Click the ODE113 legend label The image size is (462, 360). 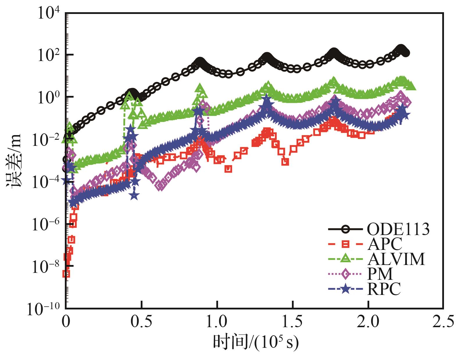tap(398, 230)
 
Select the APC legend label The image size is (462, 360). tap(384, 244)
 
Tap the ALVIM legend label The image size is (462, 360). tap(396, 259)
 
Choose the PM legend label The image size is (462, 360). tap(380, 274)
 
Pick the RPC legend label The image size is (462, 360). tap(384, 289)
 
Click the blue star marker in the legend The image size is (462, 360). tap(345, 289)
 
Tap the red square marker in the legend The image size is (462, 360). tap(345, 244)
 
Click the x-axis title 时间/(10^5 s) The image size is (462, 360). tap(256, 343)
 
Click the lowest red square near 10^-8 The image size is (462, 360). tap(66, 274)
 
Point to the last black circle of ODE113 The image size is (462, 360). tap(406, 53)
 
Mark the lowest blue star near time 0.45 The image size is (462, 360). tap(134, 196)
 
